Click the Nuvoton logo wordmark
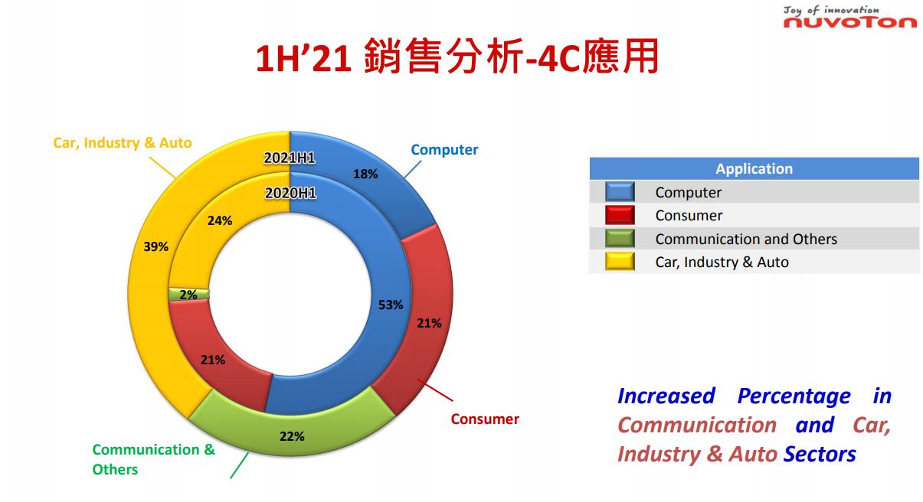(849, 22)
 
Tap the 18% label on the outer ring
(365, 174)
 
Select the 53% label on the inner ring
(391, 305)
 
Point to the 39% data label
(155, 246)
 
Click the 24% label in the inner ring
(220, 220)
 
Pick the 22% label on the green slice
(292, 436)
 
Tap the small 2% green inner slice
(188, 295)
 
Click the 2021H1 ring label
(290, 158)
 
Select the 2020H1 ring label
(290, 193)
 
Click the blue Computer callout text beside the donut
(444, 149)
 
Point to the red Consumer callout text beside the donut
(485, 419)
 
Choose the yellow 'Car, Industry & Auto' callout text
(123, 142)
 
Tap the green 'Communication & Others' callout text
(153, 459)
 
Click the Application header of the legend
(754, 168)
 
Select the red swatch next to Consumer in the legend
(620, 215)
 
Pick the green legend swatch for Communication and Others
(620, 239)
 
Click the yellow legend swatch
(620, 262)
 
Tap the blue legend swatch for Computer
(620, 192)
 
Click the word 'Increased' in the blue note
(666, 396)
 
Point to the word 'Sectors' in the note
(820, 455)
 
